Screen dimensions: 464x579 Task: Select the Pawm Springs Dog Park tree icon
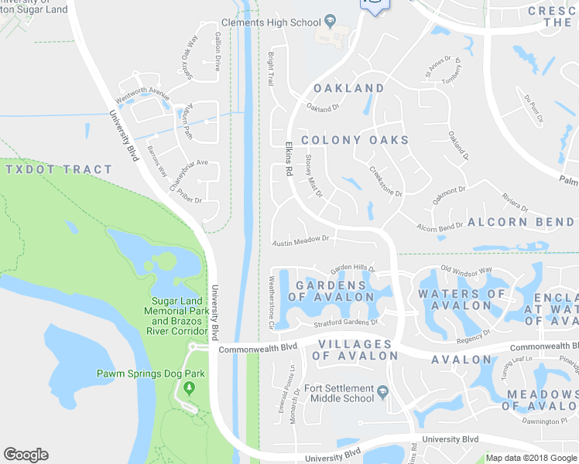(187, 386)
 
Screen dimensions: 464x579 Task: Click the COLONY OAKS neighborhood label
(355, 140)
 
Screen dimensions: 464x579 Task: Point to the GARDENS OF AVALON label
(331, 291)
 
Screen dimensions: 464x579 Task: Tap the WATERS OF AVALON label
(461, 299)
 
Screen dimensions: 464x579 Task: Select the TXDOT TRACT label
(58, 169)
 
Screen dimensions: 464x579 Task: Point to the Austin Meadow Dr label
(301, 241)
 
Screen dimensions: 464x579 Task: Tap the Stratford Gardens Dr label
(345, 322)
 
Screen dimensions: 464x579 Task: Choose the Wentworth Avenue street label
(142, 96)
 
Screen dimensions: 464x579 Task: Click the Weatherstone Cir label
(272, 302)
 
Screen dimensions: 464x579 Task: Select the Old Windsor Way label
(466, 271)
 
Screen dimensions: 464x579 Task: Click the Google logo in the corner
(26, 455)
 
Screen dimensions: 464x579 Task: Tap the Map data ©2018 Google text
(531, 458)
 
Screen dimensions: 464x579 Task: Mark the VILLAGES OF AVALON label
(354, 350)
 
